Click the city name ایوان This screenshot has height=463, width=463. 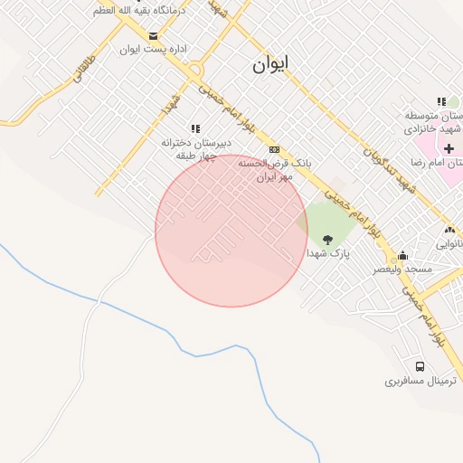click(x=270, y=64)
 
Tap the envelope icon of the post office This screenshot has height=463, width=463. click(x=152, y=36)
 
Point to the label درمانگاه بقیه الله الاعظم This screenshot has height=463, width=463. click(x=138, y=10)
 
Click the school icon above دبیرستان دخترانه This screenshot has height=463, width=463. click(x=194, y=129)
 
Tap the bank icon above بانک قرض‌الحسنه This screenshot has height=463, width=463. click(x=275, y=150)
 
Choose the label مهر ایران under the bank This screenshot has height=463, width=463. click(x=274, y=177)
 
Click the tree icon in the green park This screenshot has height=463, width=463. click(x=326, y=240)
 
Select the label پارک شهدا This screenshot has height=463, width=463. click(x=326, y=253)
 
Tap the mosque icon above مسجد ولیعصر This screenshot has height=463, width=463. click(x=402, y=256)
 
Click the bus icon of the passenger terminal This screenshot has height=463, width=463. click(x=420, y=366)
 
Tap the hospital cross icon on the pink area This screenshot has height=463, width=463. click(x=449, y=147)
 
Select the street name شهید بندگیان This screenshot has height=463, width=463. click(x=389, y=172)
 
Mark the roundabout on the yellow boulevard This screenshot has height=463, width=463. click(x=195, y=70)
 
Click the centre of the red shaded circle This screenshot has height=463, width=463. click(x=231, y=231)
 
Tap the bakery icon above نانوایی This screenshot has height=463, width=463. click(x=449, y=231)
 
